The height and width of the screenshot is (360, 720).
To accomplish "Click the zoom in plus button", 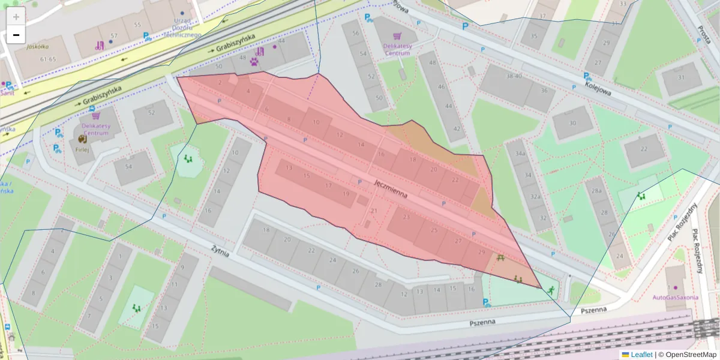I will (16, 17).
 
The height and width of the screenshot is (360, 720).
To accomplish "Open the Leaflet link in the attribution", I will (641, 355).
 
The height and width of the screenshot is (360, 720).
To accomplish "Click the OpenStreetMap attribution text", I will (691, 355).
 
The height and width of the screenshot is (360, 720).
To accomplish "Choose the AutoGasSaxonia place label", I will (676, 297).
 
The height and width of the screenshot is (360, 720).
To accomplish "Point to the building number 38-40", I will (514, 76).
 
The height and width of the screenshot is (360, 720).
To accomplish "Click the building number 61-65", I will (48, 59).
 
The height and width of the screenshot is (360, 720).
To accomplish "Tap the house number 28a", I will (596, 191).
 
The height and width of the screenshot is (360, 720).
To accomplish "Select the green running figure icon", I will (550, 290).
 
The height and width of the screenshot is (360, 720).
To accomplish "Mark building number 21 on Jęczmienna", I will (374, 211).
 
